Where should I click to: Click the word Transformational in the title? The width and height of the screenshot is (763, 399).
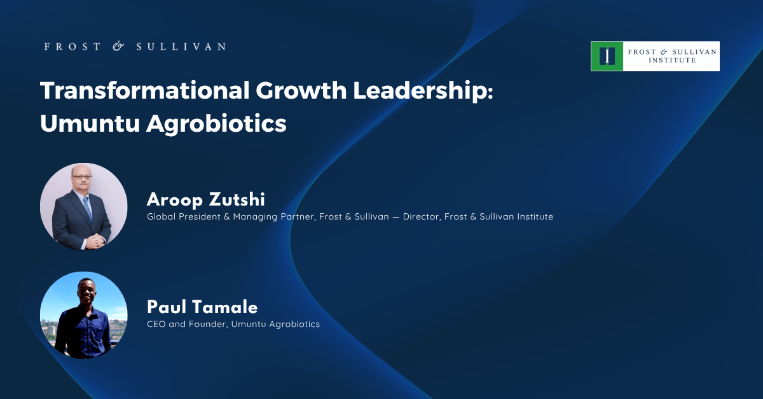pos(145,90)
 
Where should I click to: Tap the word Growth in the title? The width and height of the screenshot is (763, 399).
pos(301,90)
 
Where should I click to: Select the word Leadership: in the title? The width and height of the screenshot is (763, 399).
pos(423,91)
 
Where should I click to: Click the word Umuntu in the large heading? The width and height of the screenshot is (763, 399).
pos(90,123)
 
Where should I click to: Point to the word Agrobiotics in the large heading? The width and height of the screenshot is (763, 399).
pos(216,123)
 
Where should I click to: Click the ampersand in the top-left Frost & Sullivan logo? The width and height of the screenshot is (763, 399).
pos(118,46)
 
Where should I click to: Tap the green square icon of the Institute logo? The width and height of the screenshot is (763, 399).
pos(607,56)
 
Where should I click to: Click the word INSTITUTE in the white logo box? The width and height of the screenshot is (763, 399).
pos(672,60)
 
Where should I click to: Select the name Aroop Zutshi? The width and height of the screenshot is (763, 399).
pos(206,200)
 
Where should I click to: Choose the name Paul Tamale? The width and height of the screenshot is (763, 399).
pos(202,307)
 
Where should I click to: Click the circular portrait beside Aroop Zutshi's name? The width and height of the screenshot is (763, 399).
pos(84,207)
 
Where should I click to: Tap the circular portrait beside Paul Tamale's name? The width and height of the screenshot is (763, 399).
pos(84,315)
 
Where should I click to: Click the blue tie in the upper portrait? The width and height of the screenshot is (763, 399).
pos(88,209)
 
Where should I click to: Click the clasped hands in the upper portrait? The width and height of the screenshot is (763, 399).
pos(95,241)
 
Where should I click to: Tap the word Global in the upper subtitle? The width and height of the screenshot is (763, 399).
pos(161,216)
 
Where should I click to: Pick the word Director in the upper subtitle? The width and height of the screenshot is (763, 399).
pos(421,217)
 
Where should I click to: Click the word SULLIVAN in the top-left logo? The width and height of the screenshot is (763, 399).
pos(181,46)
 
